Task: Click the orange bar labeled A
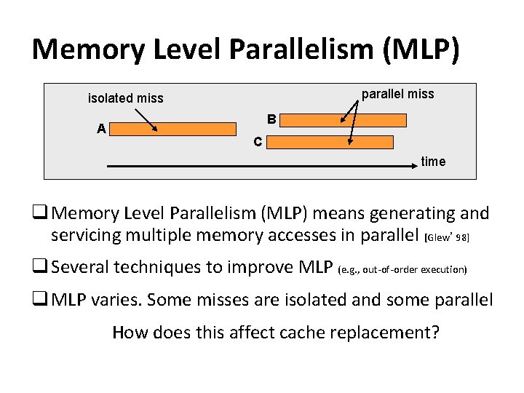(175, 129)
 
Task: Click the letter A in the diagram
(102, 129)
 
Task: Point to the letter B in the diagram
(271, 119)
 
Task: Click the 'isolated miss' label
(125, 98)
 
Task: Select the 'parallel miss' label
(397, 94)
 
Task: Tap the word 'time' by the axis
(433, 162)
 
